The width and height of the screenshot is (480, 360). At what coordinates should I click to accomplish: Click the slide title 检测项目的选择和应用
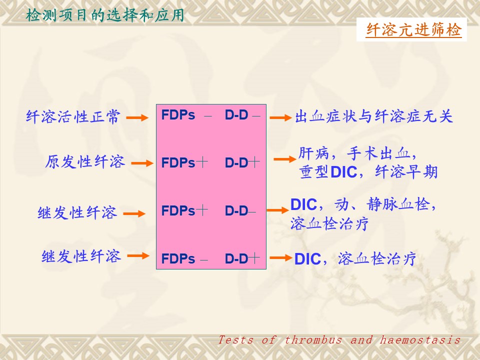pos(104,15)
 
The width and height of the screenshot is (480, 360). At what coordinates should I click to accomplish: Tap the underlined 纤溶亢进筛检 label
pos(413,30)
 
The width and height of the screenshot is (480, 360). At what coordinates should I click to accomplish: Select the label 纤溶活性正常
pos(73,117)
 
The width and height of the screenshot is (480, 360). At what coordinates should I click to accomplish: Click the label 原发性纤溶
pos(85,161)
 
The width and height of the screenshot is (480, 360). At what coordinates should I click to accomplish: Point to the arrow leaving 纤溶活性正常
pos(137,117)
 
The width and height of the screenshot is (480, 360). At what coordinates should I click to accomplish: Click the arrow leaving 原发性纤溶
pos(142,163)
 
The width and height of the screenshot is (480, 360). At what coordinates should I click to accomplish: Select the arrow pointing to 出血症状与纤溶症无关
pos(280,117)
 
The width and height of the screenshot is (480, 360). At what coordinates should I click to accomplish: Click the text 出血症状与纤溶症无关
pos(374,116)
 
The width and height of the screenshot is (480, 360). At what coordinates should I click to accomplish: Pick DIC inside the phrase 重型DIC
pos(344,172)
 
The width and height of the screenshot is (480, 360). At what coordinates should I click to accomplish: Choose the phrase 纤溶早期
pos(406,171)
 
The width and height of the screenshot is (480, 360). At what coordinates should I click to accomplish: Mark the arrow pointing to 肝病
pos(284,159)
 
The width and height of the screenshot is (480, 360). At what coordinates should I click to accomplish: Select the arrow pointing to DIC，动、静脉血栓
pos(277,210)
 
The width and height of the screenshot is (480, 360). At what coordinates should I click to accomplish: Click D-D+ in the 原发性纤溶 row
pos(242,162)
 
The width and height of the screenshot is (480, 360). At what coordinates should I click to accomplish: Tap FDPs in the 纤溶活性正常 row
pos(178,115)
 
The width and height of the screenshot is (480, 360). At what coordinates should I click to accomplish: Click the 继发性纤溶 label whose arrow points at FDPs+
pos(77,212)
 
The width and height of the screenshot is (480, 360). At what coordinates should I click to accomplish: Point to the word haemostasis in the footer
pos(420,340)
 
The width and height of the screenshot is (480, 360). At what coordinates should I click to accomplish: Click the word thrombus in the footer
pos(313,340)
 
